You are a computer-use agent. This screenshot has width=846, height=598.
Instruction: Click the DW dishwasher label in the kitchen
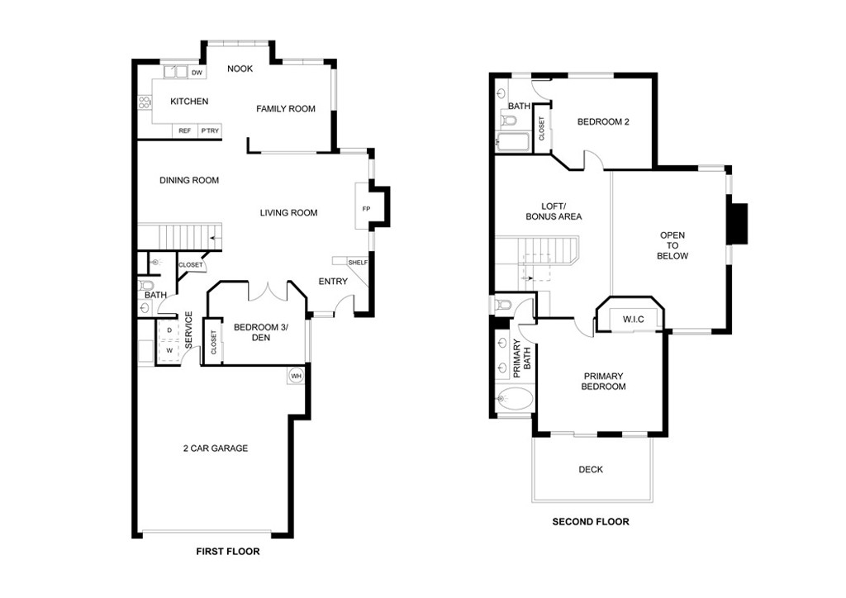(197, 73)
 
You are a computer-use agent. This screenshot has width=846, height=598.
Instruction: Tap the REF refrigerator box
(185, 131)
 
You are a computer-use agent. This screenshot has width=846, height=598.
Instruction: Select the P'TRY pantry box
(210, 131)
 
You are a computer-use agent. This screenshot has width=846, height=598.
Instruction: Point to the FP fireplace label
(366, 209)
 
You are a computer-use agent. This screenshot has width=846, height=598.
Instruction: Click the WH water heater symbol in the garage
(297, 376)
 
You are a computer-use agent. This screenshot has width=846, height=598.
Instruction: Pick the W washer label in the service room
(169, 350)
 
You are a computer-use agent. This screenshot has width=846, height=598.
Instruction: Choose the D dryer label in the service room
(169, 330)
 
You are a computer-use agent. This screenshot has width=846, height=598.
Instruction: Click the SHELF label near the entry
(358, 263)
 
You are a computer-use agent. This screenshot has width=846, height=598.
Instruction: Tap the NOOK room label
(240, 69)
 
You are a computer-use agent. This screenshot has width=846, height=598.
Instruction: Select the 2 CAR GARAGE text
(216, 448)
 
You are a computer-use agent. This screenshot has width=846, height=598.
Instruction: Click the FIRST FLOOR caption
(228, 551)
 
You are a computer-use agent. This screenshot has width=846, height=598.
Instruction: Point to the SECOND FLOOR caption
(591, 521)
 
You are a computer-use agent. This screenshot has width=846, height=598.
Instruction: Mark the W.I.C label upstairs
(634, 319)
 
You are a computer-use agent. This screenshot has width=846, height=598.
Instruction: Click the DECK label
(591, 470)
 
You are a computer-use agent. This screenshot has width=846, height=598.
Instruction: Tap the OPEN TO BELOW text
(673, 245)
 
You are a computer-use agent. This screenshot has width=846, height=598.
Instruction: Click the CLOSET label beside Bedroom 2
(542, 129)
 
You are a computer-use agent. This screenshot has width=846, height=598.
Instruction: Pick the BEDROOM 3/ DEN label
(260, 332)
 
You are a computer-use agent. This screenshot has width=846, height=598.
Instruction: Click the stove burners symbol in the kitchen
(145, 102)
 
